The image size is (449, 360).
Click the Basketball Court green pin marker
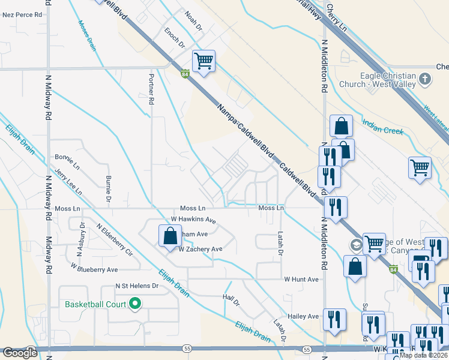pos(135,304)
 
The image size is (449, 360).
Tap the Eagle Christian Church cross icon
pos(425,79)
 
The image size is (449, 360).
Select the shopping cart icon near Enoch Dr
pos(203,61)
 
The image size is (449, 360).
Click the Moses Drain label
pos(87,35)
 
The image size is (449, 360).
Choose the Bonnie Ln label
pos(67,160)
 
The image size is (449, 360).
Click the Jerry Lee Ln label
pos(68,182)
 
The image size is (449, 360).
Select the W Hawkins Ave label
pos(193,220)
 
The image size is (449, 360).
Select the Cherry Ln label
pos(338,20)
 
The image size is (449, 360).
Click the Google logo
pos(20,353)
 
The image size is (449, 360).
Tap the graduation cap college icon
pos(356,245)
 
